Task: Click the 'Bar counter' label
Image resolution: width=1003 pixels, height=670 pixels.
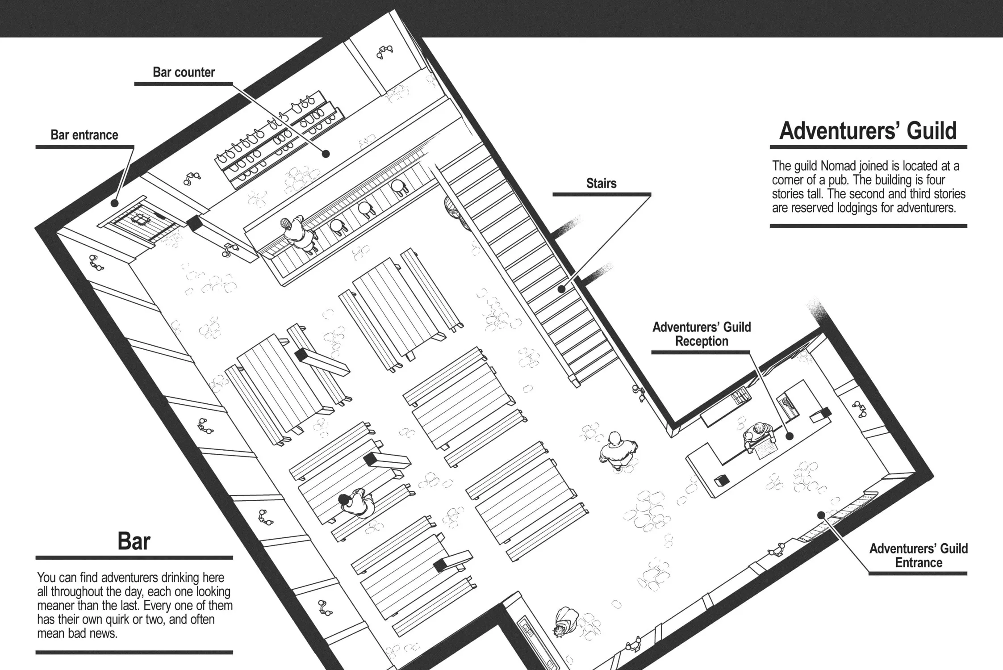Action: click(x=184, y=72)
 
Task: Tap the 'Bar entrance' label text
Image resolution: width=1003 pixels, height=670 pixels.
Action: click(x=84, y=135)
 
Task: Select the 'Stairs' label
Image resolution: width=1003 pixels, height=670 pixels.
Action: click(x=601, y=183)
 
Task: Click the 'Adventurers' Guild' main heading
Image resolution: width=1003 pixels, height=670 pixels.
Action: click(x=868, y=131)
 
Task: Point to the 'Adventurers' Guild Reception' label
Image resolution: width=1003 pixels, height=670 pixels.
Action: click(x=702, y=334)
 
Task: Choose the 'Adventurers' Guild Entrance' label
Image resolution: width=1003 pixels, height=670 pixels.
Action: click(x=918, y=555)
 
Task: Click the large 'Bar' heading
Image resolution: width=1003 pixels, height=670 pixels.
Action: click(x=134, y=541)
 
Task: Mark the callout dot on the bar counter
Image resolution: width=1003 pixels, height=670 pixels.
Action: click(x=326, y=154)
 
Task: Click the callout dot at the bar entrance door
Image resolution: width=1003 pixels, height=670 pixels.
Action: click(x=114, y=203)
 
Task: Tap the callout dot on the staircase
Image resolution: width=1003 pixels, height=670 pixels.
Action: click(x=562, y=289)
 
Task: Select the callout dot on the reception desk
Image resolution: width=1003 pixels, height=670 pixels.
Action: click(x=789, y=436)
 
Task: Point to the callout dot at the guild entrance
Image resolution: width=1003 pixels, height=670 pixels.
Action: click(x=821, y=515)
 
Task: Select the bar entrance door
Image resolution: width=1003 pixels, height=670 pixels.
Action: click(x=141, y=222)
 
